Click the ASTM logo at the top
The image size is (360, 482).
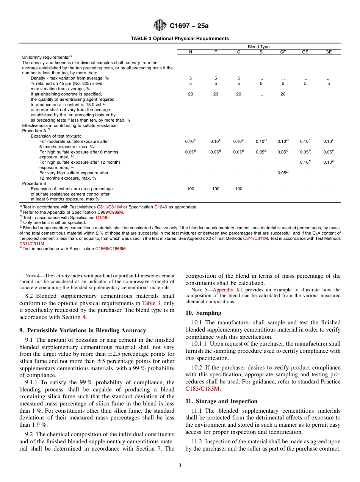pos(160,25)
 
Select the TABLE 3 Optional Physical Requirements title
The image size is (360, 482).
pos(180,38)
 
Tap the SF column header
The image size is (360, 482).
pos(283,52)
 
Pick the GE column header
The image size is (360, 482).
pos(328,52)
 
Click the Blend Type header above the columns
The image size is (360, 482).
pos(258,47)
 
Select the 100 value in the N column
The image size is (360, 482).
pos(191,189)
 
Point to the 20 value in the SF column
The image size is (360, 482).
pos(283,94)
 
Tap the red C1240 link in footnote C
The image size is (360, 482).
pos(102,218)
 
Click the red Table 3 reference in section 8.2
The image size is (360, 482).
pos(151,303)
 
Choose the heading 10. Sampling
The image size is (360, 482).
pos(203,313)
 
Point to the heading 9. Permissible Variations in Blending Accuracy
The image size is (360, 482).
pos(82,330)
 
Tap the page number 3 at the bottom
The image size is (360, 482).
pos(180,466)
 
